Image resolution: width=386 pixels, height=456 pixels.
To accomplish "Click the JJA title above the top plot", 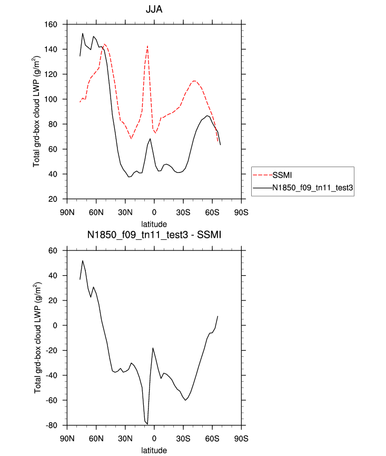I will (x=154, y=10).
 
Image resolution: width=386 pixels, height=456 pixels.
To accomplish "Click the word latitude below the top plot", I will (x=154, y=224).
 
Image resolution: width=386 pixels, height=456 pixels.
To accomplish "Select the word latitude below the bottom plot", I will (x=154, y=450).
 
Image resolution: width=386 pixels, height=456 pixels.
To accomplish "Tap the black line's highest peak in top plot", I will (x=83, y=33).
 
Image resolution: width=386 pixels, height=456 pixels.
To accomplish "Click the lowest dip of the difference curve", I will (x=147, y=423).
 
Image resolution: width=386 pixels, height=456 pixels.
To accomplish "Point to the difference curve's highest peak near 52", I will (x=83, y=260).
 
